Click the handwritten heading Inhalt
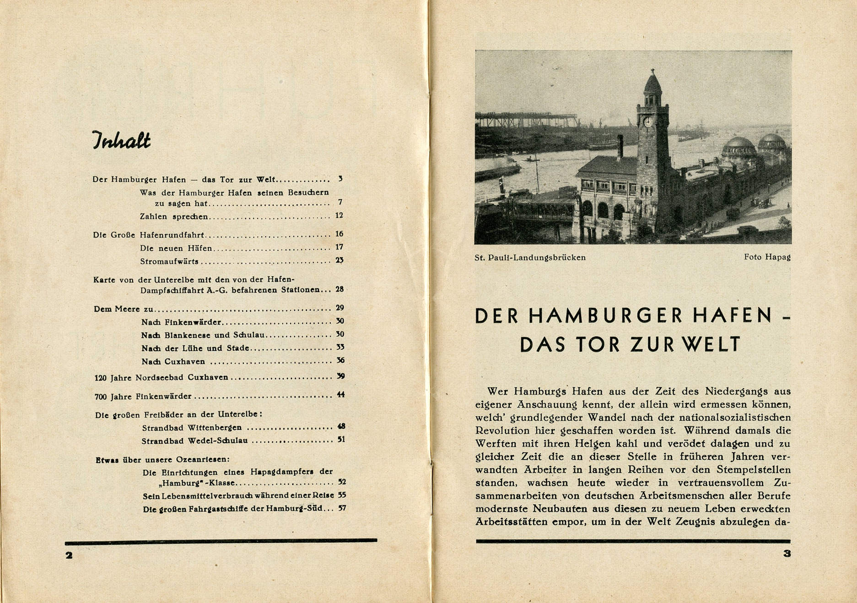[121, 141]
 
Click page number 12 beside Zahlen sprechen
[339, 215]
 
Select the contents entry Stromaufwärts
[169, 261]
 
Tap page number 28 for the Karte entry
[340, 289]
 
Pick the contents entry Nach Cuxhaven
[173, 362]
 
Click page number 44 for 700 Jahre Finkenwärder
[341, 395]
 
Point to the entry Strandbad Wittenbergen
[192, 428]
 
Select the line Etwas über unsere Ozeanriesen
[162, 460]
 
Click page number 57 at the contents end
[342, 508]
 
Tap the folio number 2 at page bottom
[69, 556]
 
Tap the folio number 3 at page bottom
[787, 554]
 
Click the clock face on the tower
[648, 122]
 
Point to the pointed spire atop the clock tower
[653, 82]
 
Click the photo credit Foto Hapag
[767, 257]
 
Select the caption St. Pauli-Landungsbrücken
[530, 258]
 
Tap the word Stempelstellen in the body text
[754, 470]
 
